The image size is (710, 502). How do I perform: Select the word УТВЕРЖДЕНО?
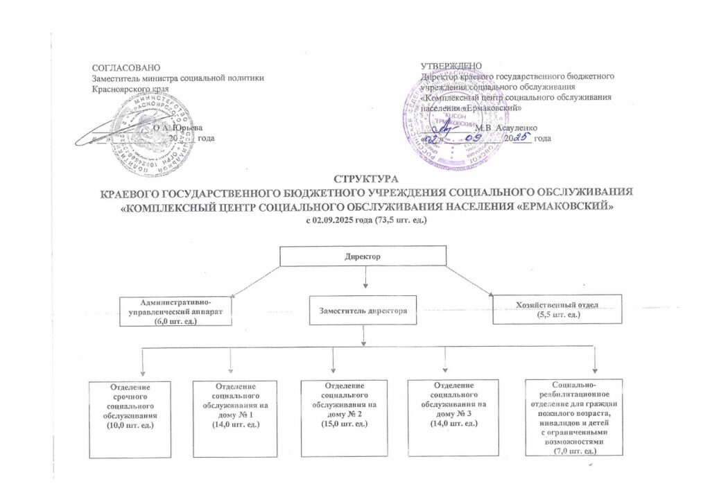(x=451, y=66)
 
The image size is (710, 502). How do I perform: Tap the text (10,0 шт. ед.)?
(x=129, y=424)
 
